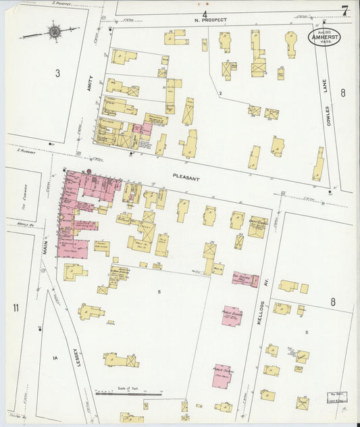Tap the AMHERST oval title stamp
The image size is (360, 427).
pos(325,38)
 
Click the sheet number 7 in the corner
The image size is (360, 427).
pos(344,11)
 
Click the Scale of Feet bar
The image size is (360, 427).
pos(128,393)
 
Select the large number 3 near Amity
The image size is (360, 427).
pos(58,72)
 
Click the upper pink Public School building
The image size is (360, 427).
pos(232,317)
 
